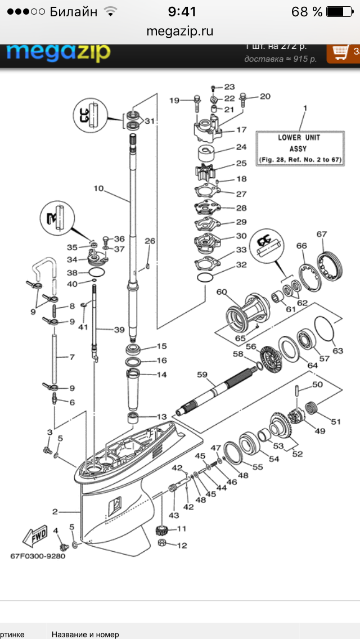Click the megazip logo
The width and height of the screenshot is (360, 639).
[x=58, y=52]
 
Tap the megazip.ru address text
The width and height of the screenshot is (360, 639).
[x=179, y=31]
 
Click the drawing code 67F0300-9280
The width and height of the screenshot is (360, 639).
[x=38, y=557]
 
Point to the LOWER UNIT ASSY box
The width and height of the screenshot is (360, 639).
[x=300, y=148]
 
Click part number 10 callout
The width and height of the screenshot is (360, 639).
[x=99, y=188]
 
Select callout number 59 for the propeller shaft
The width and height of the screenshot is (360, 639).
[x=202, y=373]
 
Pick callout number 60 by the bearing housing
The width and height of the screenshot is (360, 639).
[x=221, y=292]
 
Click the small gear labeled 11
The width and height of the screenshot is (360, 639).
[x=162, y=530]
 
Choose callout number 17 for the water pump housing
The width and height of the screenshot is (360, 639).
[x=241, y=130]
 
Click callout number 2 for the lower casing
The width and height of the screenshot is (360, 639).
[x=55, y=511]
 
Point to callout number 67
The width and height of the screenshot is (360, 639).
[x=322, y=235]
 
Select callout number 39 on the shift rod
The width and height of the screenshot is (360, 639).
[x=119, y=330]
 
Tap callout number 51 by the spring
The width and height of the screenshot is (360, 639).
[x=336, y=421]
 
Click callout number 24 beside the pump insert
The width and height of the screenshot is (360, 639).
[x=241, y=148]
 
